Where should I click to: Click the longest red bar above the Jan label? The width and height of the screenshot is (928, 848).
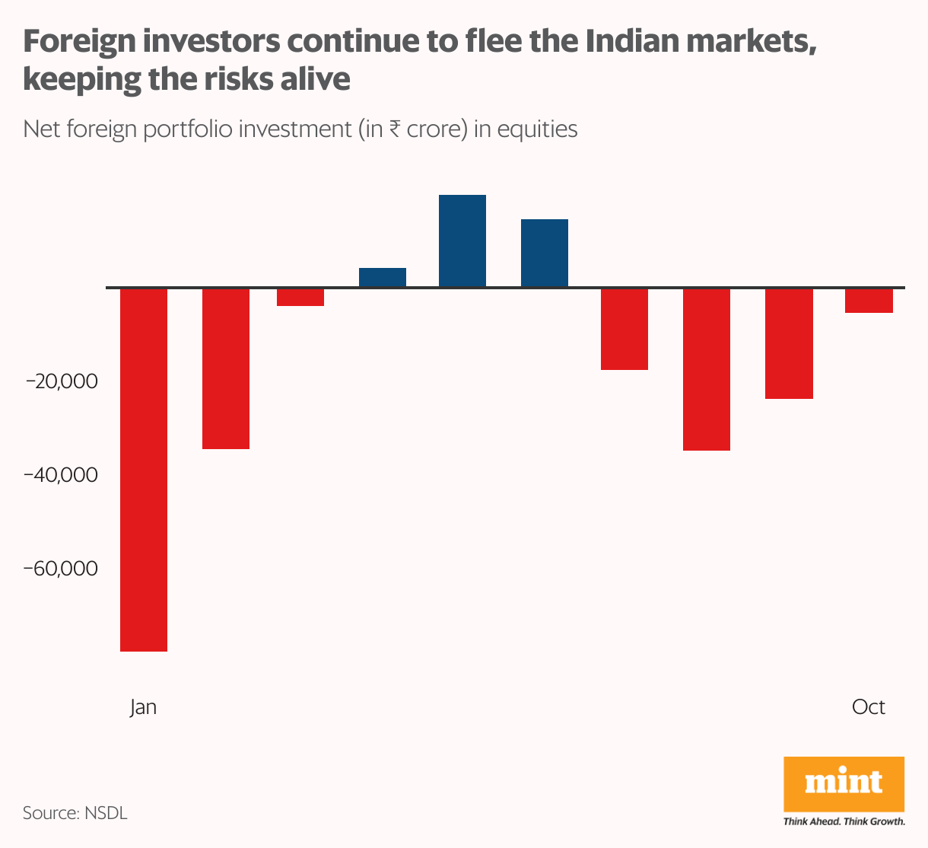tap(144, 469)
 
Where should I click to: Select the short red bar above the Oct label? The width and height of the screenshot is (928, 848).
tap(869, 301)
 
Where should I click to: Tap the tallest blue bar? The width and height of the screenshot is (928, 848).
tap(462, 241)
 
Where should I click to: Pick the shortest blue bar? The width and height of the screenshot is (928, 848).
tap(382, 278)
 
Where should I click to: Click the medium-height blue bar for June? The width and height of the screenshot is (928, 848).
tap(544, 253)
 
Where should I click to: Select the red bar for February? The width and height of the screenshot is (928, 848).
tap(225, 368)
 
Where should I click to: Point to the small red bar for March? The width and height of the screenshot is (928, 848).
tap(300, 297)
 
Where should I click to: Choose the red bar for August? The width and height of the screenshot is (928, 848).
tap(706, 369)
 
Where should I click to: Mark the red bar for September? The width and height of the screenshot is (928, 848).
tap(789, 343)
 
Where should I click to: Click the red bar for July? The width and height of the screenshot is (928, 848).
tap(624, 329)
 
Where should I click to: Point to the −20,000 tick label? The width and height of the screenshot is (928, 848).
tap(62, 381)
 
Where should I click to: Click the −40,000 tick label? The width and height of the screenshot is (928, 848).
tap(62, 475)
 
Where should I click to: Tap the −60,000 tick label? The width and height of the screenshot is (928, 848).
tap(62, 569)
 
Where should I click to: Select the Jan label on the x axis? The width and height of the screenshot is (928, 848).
tap(143, 707)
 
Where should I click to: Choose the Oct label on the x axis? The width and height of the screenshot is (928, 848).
tap(868, 707)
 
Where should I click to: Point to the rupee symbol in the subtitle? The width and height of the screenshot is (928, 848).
tap(395, 129)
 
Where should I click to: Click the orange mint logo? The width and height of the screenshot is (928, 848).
tap(844, 784)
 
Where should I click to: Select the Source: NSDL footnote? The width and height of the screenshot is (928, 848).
tap(75, 813)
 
